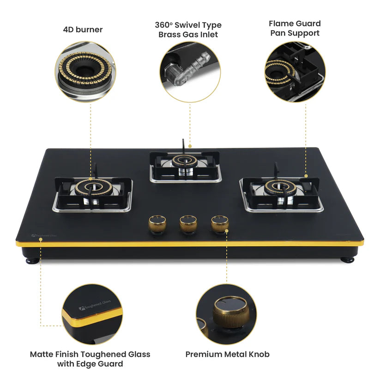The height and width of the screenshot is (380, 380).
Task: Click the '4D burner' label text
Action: pyautogui.click(x=83, y=30)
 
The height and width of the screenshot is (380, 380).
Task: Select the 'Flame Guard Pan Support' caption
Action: pyautogui.click(x=295, y=28)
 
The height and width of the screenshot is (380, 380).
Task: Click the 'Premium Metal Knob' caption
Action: pyautogui.click(x=227, y=354)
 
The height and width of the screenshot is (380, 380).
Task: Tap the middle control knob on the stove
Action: pyautogui.click(x=188, y=224)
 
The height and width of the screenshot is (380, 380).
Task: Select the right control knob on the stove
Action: pyautogui.click(x=219, y=224)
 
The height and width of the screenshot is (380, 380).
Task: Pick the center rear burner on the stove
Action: pyautogui.click(x=185, y=162)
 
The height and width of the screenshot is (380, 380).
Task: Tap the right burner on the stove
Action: pyautogui.click(x=280, y=188)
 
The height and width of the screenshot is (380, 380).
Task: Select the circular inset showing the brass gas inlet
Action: pyautogui.click(x=190, y=71)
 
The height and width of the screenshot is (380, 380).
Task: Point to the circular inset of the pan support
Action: pyautogui.click(x=295, y=72)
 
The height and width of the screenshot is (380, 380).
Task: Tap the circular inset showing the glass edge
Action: pyautogui.click(x=92, y=314)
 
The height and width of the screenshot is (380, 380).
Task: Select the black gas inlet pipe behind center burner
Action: pyautogui.click(x=183, y=144)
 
